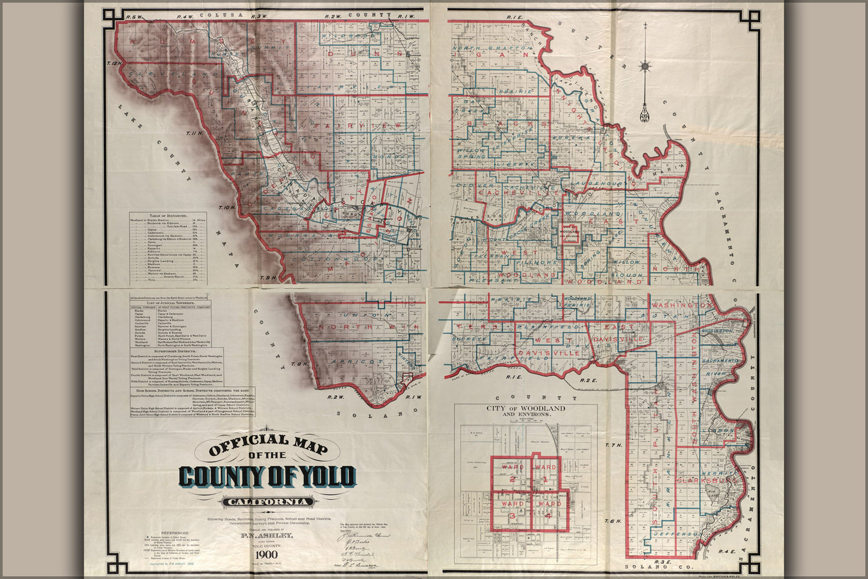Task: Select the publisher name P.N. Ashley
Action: point(267,536)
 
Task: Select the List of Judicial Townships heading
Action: point(170,303)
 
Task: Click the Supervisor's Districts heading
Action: point(170,351)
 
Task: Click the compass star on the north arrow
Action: point(644,65)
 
